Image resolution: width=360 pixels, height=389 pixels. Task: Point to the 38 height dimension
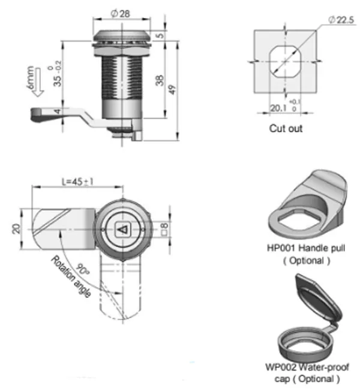click(159, 81)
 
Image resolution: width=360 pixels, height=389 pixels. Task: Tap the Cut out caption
click(286, 128)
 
